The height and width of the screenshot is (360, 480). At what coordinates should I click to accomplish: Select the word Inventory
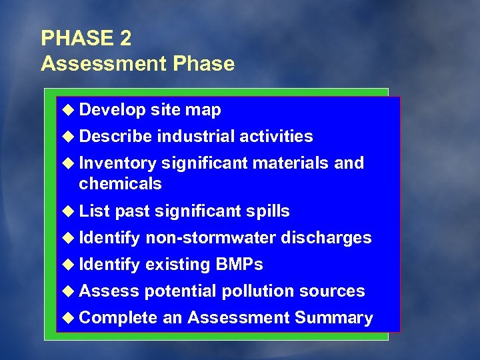117,163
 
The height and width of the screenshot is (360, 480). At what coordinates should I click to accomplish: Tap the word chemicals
120,184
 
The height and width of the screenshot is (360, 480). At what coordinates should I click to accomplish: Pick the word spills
267,211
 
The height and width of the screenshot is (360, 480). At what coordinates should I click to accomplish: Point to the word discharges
326,238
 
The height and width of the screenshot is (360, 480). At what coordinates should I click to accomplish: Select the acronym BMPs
239,265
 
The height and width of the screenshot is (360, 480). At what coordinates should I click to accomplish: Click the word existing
177,265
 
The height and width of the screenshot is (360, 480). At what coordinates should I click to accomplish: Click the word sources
332,291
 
